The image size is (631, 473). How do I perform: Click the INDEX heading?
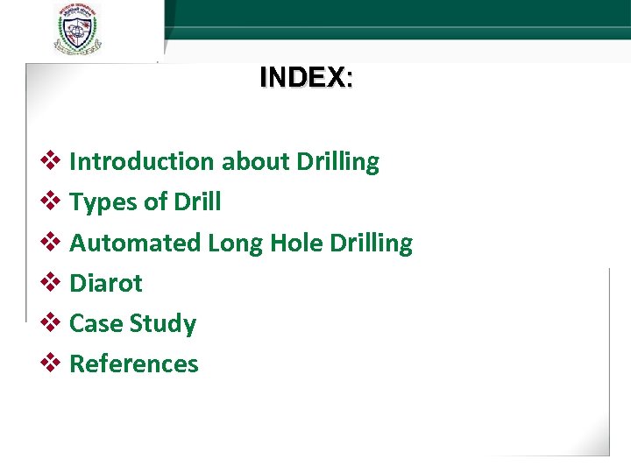306,78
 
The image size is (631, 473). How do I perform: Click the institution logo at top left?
76,29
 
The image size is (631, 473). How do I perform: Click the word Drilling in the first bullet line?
338,162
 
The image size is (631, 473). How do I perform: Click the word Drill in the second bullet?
198,202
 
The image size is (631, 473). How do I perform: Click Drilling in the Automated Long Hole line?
371,243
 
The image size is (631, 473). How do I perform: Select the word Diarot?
105,283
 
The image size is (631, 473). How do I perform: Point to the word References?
134,364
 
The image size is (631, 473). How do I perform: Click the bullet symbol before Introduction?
51,161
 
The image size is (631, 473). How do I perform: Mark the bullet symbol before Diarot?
51,282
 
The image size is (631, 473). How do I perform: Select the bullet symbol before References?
51,363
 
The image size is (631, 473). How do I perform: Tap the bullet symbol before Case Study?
51,322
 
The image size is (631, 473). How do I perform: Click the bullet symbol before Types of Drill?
51,201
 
